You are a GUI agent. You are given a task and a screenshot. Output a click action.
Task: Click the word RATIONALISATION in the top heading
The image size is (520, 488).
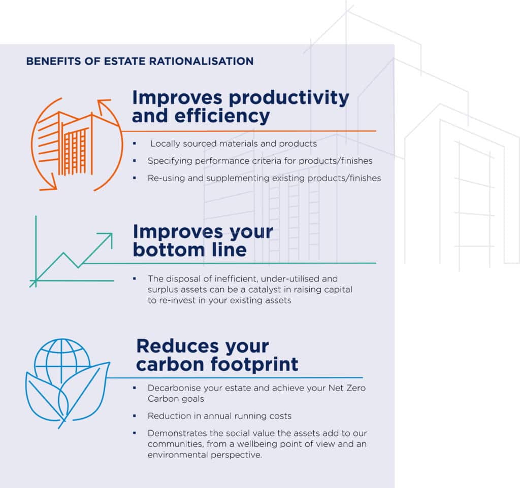[x=201, y=61]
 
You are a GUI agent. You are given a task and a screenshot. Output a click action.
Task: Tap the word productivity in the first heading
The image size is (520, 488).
[x=289, y=98]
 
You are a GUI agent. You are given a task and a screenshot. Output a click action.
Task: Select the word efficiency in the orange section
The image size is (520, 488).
[x=222, y=117]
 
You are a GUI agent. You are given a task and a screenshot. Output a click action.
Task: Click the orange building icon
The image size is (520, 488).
[x=77, y=144]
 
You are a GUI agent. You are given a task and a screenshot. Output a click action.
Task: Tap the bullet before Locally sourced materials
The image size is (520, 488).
[x=134, y=144]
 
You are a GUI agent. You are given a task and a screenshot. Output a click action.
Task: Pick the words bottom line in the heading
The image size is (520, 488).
[x=190, y=250]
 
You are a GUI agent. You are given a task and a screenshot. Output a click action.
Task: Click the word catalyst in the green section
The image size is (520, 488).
[x=264, y=290]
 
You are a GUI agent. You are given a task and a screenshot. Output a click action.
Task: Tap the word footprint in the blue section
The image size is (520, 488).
[x=255, y=365]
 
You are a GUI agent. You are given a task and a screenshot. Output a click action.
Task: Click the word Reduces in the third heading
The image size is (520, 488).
[x=177, y=346]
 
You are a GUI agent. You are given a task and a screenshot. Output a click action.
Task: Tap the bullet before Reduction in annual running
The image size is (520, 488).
[x=134, y=416]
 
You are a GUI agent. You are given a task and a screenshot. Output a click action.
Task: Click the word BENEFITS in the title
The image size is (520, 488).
[x=53, y=61]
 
